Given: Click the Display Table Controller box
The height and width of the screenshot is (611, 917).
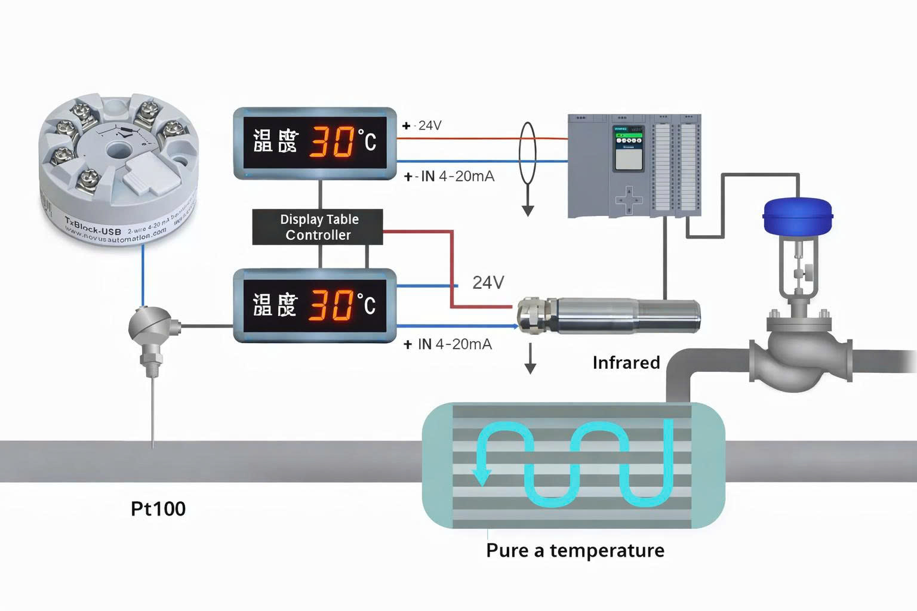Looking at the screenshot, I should (318, 227).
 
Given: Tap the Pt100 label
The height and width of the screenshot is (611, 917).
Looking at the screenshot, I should (158, 509).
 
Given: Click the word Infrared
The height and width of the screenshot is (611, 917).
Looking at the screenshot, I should (626, 363).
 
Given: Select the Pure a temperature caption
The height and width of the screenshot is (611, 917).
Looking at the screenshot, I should (575, 550).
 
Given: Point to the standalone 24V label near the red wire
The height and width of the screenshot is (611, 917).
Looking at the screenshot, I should (488, 282).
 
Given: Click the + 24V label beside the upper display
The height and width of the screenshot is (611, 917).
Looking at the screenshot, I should (423, 125).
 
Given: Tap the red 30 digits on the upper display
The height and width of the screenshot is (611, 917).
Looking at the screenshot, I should (330, 141).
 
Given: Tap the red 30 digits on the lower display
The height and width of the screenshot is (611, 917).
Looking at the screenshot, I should (330, 304).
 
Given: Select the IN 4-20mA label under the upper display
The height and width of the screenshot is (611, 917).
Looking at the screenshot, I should (457, 177).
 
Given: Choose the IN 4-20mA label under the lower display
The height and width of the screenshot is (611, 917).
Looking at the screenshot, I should (454, 344).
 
